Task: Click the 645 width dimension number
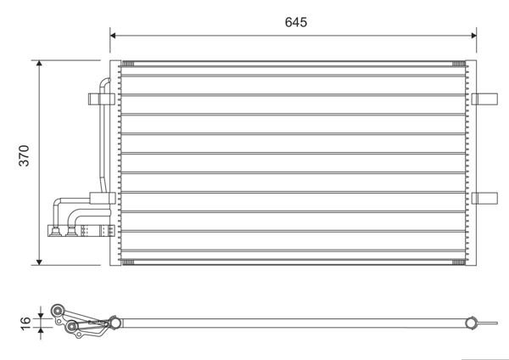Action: click(x=296, y=22)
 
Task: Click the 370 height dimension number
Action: click(x=24, y=155)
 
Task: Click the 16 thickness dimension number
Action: click(x=25, y=323)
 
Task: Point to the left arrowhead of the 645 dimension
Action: click(x=113, y=36)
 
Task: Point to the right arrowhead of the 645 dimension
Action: click(x=473, y=36)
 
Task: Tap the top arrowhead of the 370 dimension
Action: click(x=39, y=63)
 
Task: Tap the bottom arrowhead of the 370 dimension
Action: click(x=39, y=262)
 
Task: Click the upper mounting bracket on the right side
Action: click(x=484, y=99)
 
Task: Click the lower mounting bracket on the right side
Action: click(x=484, y=198)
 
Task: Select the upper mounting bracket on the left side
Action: click(x=102, y=99)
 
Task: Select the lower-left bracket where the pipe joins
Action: click(x=103, y=198)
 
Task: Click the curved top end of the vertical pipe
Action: click(x=105, y=82)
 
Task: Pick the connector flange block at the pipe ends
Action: click(x=81, y=231)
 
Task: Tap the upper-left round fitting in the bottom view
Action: click(x=58, y=311)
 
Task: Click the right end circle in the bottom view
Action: click(x=471, y=323)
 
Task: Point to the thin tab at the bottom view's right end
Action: click(x=487, y=323)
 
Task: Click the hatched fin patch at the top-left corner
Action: click(x=127, y=64)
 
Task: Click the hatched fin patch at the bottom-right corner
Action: click(x=458, y=262)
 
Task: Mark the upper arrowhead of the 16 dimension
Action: click(x=41, y=316)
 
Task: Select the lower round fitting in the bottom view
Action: click(x=71, y=326)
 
